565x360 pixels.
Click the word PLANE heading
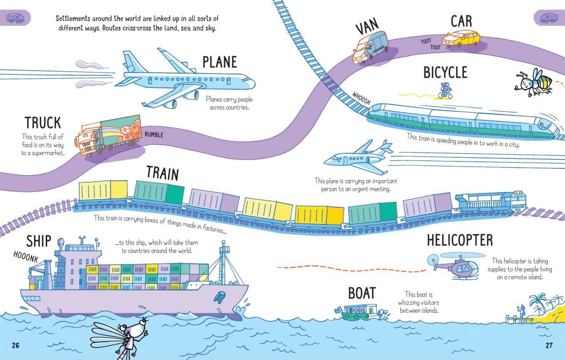[219, 62]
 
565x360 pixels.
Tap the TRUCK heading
[43, 122]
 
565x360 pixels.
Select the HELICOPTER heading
[460, 240]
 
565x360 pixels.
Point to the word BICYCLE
[445, 72]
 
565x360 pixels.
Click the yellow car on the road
[461, 39]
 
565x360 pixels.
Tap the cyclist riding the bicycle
[446, 91]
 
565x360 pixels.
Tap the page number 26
[15, 346]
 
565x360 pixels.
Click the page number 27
[548, 346]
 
